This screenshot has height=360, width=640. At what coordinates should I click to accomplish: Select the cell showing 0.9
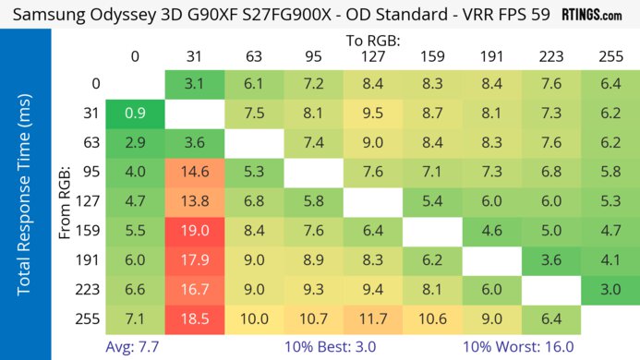135,114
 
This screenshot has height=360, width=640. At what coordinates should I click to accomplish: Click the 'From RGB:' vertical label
66,201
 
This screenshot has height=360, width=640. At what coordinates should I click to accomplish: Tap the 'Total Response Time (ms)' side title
25,201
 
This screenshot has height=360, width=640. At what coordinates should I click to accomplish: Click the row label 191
91,260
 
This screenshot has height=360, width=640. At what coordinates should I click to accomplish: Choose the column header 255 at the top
610,58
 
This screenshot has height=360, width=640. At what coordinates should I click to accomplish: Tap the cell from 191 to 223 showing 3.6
551,260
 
